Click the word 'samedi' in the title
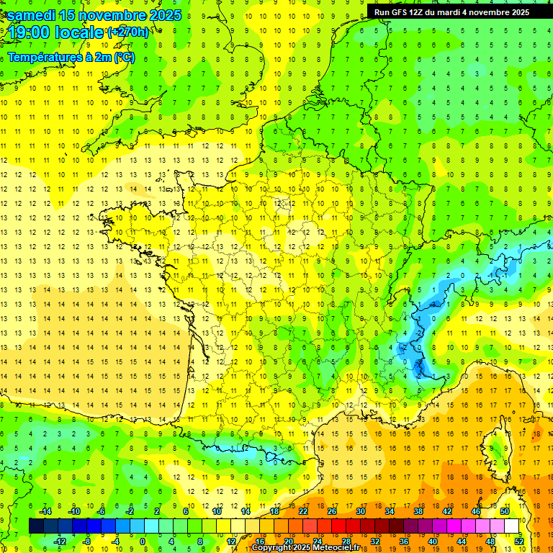coord(31,15)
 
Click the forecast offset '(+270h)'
coord(128,32)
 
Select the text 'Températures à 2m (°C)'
coord(71,57)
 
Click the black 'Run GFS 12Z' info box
coord(451,12)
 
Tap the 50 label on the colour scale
coord(504,511)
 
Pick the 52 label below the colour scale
coord(518,541)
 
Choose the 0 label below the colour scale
coord(142,541)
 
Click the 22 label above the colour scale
coord(303,511)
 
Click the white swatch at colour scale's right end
coord(511,526)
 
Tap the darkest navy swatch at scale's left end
coord(36,526)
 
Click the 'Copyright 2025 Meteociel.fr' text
coord(305,548)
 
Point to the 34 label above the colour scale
coord(390,511)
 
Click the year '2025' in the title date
coord(165,15)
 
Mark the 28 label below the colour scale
coord(346,541)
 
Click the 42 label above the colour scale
coord(446,511)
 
